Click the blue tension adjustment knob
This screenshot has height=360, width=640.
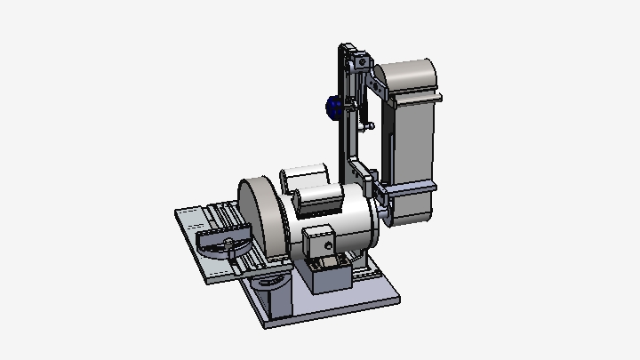(333, 108)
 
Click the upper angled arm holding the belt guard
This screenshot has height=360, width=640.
(378, 89)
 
